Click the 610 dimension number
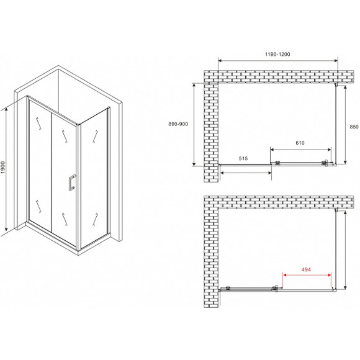300,143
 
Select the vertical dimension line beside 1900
11,168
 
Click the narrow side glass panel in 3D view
95,174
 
